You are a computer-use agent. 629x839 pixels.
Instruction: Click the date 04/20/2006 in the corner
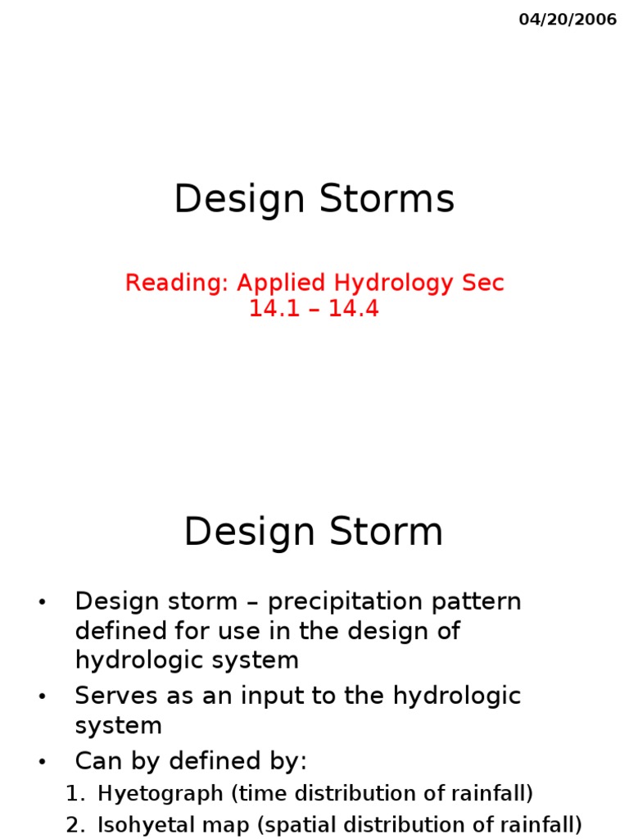coord(568,20)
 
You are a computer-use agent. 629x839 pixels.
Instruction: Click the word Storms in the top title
coord(388,200)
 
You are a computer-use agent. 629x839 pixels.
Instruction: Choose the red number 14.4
coord(354,310)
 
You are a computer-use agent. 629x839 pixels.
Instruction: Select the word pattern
coord(479,602)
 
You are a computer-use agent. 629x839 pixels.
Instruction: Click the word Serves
coord(111,696)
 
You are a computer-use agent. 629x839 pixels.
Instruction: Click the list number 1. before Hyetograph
coord(75,794)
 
